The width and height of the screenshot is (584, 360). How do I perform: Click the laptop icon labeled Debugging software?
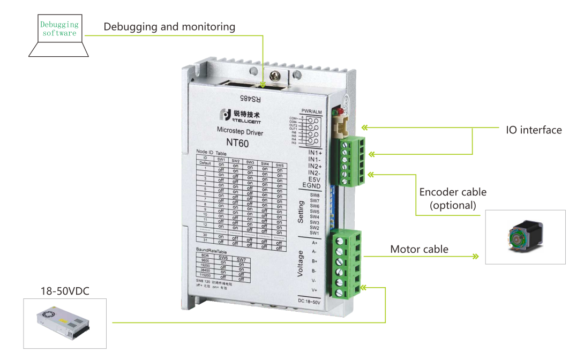59,35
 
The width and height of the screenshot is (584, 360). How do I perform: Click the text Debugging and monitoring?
169,26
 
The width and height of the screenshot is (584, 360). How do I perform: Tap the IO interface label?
534,130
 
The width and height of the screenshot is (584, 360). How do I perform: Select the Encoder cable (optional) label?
453,198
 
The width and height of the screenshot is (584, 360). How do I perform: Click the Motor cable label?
419,249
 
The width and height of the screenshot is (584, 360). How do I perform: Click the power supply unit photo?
64,323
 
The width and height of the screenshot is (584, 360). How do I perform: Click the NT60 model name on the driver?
237,143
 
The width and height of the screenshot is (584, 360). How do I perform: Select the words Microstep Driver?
239,130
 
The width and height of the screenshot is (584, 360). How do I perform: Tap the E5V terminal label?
314,179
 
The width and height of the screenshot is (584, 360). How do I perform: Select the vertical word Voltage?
301,265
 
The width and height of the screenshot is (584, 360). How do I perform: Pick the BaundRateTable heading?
212,250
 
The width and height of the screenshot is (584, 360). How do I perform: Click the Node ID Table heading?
211,153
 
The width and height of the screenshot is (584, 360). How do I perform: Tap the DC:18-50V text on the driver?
308,302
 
